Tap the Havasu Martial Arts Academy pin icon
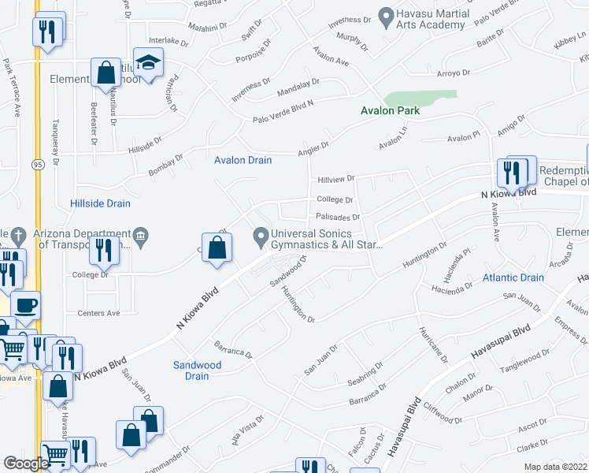tap(386, 15)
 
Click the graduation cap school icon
tap(146, 61)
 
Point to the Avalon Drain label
tap(243, 160)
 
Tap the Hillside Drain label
tap(100, 203)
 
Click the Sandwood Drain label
tap(198, 371)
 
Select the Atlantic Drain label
tap(513, 277)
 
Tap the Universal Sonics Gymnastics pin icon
tap(261, 235)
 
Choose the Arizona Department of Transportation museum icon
tap(141, 234)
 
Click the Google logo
tap(26, 464)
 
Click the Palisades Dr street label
tap(337, 217)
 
